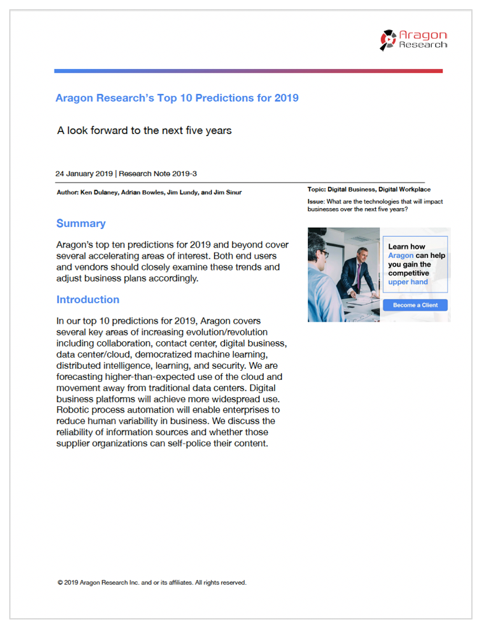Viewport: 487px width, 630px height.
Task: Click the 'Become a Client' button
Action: pos(415,305)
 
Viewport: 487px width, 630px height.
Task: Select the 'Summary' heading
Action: pos(81,224)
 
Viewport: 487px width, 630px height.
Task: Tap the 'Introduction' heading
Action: pos(88,300)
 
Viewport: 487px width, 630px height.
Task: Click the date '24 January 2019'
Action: pos(84,174)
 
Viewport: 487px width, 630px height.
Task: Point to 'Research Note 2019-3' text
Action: pos(158,174)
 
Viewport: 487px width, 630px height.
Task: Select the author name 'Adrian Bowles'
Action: pos(141,192)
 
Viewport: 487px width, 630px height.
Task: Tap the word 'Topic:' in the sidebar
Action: pos(317,190)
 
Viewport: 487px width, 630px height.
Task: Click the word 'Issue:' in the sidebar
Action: pos(316,201)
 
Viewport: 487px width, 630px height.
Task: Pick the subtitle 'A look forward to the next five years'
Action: pos(144,131)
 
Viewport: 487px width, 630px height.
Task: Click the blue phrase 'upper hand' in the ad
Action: pos(408,282)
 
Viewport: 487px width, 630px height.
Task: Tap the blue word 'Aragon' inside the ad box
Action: pos(400,256)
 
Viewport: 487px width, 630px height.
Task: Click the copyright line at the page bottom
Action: pos(152,582)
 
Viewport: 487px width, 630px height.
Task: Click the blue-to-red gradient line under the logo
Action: pos(248,71)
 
